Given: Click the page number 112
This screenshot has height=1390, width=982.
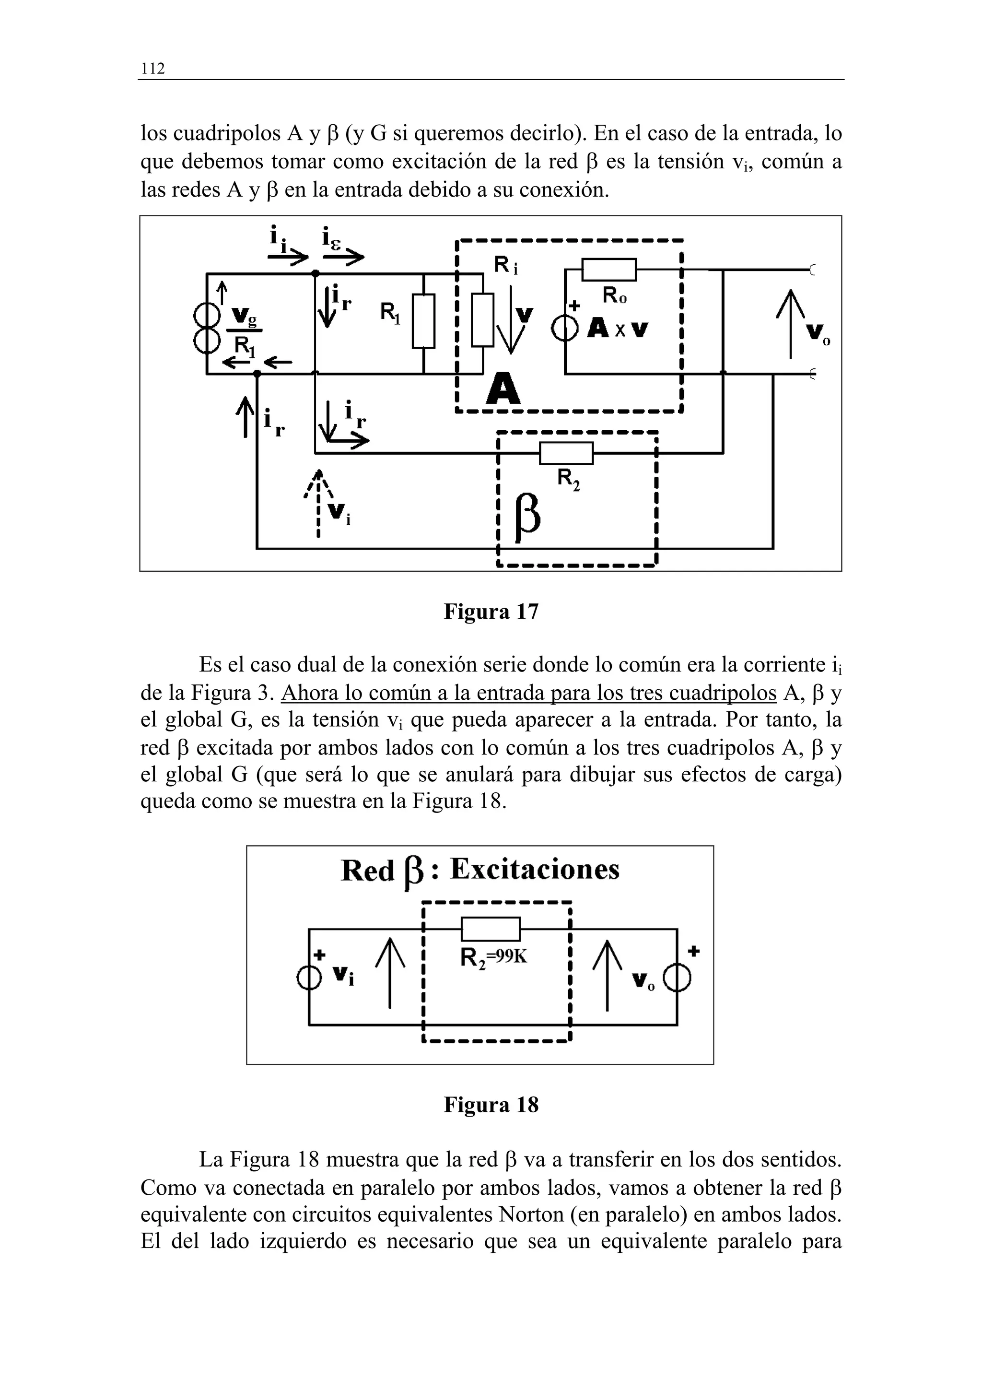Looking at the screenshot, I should [x=152, y=69].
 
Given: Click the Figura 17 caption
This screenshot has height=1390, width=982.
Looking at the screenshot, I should [x=491, y=612].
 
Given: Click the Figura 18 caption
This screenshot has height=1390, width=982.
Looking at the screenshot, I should [x=491, y=1105].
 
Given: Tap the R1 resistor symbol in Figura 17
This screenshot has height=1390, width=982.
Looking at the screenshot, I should [x=423, y=321].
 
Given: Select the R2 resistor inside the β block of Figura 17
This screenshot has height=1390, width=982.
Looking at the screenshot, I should [x=566, y=453].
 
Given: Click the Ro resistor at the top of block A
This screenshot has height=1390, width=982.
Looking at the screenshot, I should [x=608, y=270].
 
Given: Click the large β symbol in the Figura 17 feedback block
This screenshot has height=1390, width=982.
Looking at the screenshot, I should [x=527, y=518].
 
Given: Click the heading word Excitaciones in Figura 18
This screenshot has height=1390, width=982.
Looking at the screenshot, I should [x=535, y=870].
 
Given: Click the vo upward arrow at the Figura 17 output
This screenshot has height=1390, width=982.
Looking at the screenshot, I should [x=790, y=324].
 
